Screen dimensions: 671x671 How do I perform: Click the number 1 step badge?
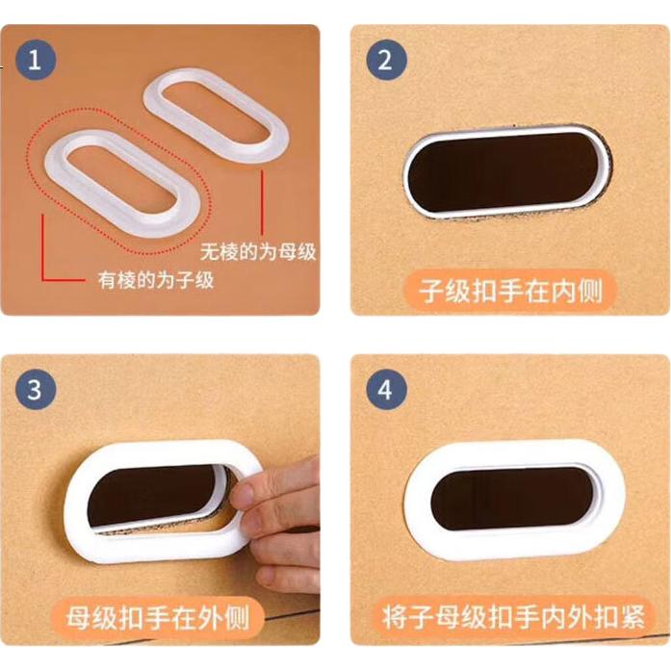coord(36,60)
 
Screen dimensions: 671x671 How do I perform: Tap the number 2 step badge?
coord(386,60)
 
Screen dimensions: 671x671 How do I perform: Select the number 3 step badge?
coord(36,390)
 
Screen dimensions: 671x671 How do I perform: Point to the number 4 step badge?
coord(386,390)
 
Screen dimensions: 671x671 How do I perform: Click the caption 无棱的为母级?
coord(258,251)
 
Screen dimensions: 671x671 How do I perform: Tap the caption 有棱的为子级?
coord(156,281)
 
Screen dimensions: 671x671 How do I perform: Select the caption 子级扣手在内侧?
coord(511,291)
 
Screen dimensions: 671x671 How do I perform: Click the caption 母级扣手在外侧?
coord(158,618)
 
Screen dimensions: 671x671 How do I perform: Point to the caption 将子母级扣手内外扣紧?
coord(513,617)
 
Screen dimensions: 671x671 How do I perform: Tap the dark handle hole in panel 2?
coord(505,171)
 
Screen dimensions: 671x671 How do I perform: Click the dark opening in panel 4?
coord(512,498)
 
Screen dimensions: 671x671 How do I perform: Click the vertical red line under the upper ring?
coord(262,203)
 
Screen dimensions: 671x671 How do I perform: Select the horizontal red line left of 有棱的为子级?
coord(64,281)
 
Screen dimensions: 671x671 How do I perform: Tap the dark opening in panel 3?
coord(154,497)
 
